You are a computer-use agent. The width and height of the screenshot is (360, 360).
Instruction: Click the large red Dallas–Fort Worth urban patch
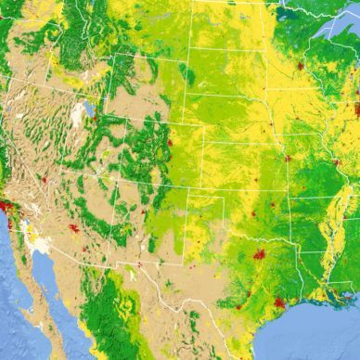tap(259, 253)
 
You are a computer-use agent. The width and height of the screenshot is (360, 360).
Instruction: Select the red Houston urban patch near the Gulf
tap(279, 302)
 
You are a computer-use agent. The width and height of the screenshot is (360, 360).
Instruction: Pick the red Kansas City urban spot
tap(287, 158)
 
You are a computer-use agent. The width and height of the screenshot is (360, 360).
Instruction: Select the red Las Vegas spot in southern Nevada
tap(43, 179)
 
